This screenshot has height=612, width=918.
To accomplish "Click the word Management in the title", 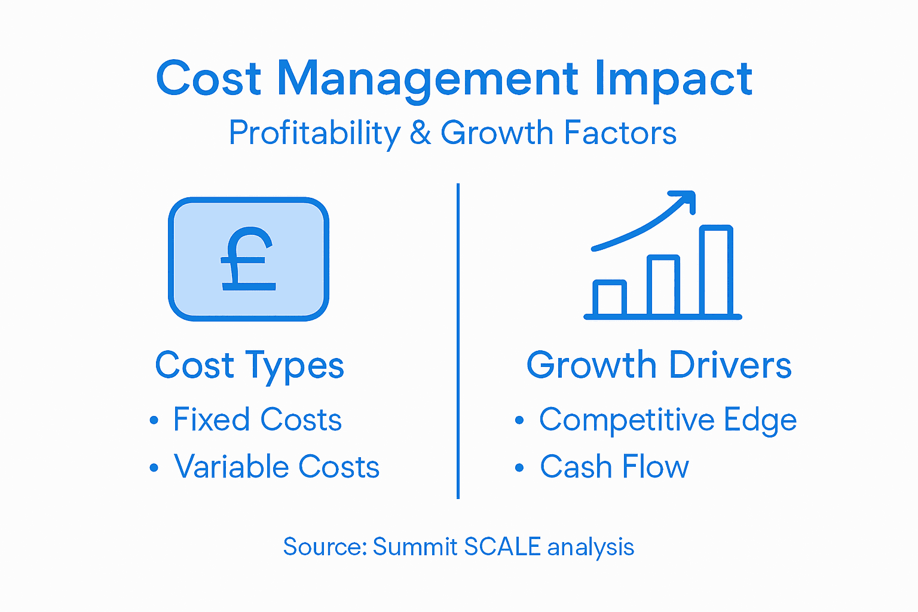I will tap(427, 79).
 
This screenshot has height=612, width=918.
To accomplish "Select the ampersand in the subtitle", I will tap(420, 133).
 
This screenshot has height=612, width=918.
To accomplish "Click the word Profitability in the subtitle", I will tap(314, 133).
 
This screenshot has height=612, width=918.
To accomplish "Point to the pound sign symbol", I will tap(248, 259).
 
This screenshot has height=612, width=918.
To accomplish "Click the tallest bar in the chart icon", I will tap(715, 270).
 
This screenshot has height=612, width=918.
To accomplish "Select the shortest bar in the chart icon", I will tap(609, 297).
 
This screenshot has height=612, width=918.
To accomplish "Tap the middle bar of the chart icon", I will tap(663, 285).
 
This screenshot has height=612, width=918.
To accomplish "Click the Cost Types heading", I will tap(249, 365).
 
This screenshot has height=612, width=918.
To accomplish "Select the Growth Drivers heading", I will tap(659, 365).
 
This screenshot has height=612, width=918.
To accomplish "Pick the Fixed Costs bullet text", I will tap(257, 420).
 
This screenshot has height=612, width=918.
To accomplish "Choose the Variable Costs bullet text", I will tap(277, 467).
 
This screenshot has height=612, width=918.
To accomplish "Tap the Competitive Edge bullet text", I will tap(668, 420).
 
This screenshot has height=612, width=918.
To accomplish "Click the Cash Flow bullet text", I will tap(614, 467).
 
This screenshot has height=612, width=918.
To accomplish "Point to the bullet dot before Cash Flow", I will tap(519, 467).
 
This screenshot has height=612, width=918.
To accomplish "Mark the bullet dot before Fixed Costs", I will tap(154, 420).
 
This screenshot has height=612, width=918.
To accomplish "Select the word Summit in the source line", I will tap(415, 547).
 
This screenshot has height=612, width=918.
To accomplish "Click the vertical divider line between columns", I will tap(458, 341).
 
